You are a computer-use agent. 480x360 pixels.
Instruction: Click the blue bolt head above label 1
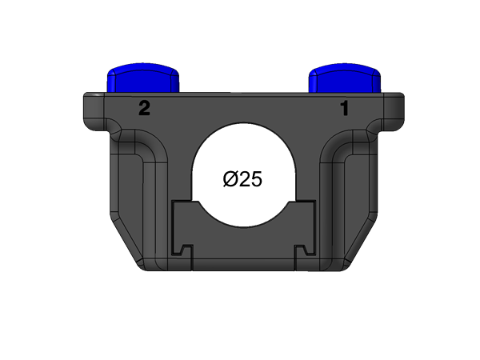point(346,78)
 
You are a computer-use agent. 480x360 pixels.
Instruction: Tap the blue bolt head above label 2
point(143,78)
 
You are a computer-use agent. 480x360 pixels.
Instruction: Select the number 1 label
point(346,109)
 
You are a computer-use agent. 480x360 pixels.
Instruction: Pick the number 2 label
point(144,109)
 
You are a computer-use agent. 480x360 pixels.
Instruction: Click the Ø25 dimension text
point(242,179)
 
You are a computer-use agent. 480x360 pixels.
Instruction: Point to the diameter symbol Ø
point(230,179)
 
